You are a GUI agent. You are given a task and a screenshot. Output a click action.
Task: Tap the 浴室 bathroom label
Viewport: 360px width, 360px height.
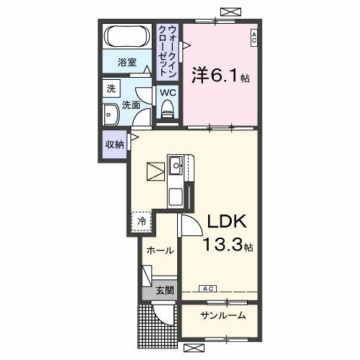[127, 63]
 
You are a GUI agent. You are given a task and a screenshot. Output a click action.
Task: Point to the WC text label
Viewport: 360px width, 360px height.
[167, 93]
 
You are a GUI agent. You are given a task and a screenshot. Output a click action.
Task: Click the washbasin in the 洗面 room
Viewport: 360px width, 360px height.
[112, 115]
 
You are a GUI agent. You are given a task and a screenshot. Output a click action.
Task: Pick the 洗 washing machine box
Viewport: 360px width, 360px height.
[111, 89]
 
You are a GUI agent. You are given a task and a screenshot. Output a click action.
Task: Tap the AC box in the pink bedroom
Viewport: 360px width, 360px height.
[254, 37]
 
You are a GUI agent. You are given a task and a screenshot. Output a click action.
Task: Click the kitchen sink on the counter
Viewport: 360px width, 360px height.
[176, 165]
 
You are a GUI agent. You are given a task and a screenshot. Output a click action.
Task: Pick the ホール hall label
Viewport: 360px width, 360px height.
[159, 251]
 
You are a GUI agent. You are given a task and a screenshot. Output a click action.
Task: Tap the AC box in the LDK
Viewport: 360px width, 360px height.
[207, 289]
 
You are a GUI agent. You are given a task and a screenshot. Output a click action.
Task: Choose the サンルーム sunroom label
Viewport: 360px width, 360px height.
[222, 315]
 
